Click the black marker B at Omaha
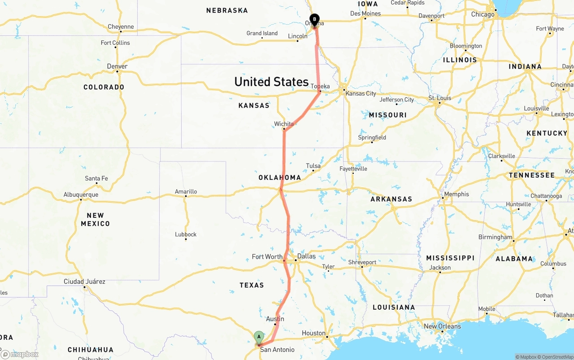315,19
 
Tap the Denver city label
117,66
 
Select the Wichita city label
284,124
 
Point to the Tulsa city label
313,166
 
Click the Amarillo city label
186,191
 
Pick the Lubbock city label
186,234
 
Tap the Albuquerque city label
81,195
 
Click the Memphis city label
457,194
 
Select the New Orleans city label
442,326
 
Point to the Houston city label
313,333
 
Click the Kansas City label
361,93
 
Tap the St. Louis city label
439,98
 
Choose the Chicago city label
483,14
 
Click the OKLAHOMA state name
279,178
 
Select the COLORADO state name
104,87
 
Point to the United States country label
271,82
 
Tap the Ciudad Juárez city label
84,282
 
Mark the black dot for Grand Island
262,39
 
